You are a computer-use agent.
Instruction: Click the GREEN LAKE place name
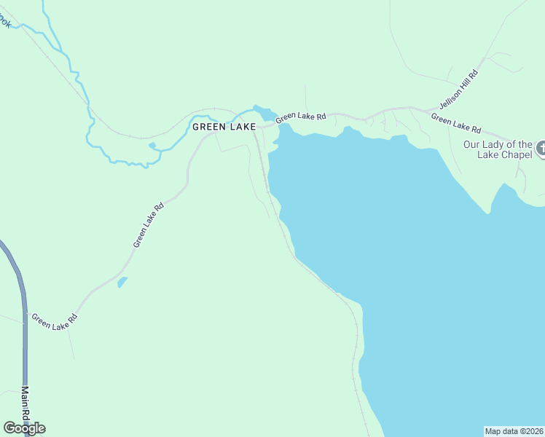pos(224,127)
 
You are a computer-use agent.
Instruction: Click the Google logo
pos(24,428)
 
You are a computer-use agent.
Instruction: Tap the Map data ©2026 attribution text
pos(514,431)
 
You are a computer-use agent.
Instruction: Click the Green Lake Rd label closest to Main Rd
pos(53,320)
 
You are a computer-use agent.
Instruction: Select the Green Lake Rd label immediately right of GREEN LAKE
pos(300,116)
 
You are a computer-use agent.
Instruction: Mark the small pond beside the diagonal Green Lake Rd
pos(122,282)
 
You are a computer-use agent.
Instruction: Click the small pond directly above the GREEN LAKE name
pos(264,113)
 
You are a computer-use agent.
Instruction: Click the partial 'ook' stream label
pos(6,23)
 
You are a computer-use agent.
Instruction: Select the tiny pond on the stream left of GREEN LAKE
pos(152,145)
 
